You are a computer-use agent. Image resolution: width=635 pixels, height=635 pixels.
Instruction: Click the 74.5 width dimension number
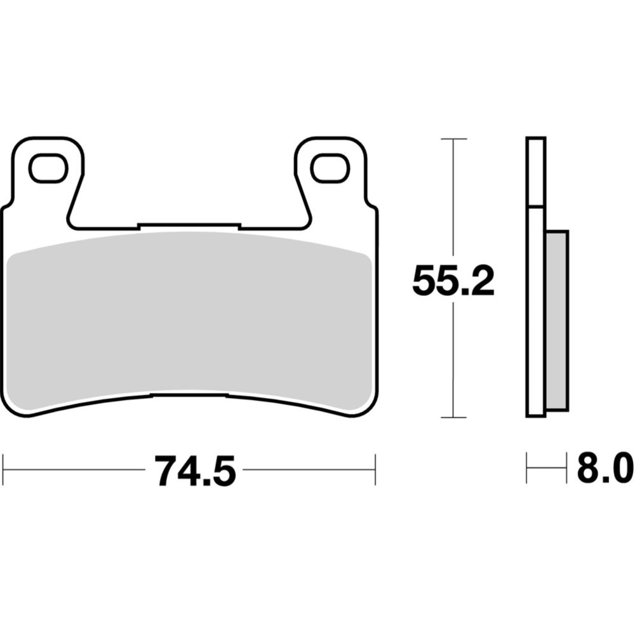194,471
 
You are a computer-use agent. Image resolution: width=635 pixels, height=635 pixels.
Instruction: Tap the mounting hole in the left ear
48,168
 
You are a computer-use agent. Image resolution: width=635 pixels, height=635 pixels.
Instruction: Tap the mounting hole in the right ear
330,168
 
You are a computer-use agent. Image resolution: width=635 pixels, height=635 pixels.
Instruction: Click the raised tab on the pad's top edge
189,226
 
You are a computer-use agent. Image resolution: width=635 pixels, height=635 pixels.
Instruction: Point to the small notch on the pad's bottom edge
189,394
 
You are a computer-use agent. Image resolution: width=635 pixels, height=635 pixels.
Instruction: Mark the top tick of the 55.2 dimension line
453,138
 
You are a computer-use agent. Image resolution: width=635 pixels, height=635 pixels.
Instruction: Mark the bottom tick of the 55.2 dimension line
453,417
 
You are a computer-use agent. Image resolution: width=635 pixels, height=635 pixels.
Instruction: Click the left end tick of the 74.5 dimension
4,470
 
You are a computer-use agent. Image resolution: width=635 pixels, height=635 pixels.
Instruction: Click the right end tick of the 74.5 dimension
376,470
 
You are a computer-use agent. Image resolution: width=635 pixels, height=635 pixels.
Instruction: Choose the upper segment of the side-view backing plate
536,171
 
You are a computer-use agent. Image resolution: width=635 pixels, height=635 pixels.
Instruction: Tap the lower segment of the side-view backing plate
535,311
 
